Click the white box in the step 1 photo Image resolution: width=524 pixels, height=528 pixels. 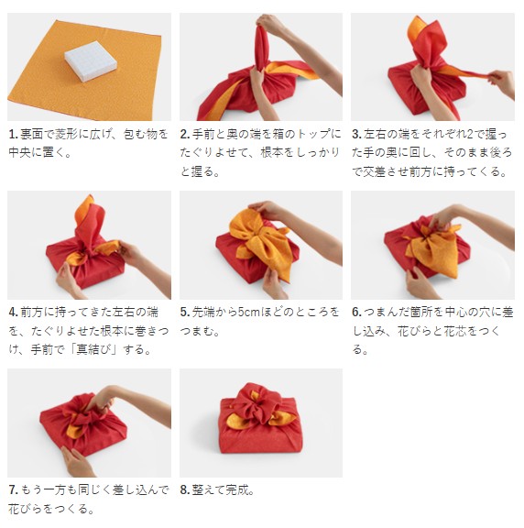91,60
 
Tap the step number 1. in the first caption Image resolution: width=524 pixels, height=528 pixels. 13,135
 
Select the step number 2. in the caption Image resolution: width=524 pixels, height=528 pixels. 185,135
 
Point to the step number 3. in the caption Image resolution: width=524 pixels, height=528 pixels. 356,135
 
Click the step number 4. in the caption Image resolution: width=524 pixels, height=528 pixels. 14,313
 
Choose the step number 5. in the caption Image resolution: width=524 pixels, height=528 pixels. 185,313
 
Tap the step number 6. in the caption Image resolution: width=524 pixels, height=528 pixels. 356,313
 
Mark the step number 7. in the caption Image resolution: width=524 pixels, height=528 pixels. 14,489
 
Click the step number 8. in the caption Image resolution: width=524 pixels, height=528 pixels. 185,489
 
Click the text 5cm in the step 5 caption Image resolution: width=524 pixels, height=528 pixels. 249,313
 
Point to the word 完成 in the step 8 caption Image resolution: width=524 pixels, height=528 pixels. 237,489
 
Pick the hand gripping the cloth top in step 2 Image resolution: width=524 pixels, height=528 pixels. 269,24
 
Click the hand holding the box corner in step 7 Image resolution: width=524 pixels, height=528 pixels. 77,461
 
